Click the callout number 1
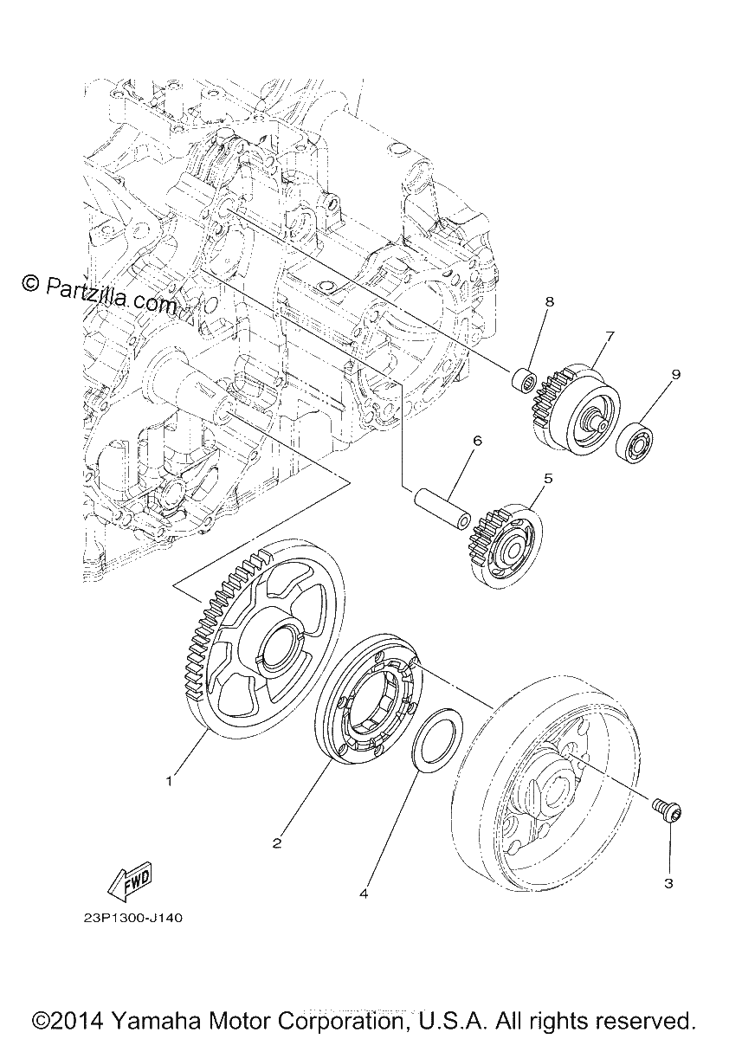click(x=170, y=782)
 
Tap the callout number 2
click(x=277, y=843)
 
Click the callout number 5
click(x=549, y=478)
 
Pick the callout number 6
click(x=478, y=440)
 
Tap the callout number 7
click(x=609, y=336)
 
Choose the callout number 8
click(x=550, y=301)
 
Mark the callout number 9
click(x=675, y=374)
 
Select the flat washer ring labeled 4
click(x=438, y=738)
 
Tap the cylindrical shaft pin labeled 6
click(x=442, y=506)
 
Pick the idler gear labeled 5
click(x=506, y=546)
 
